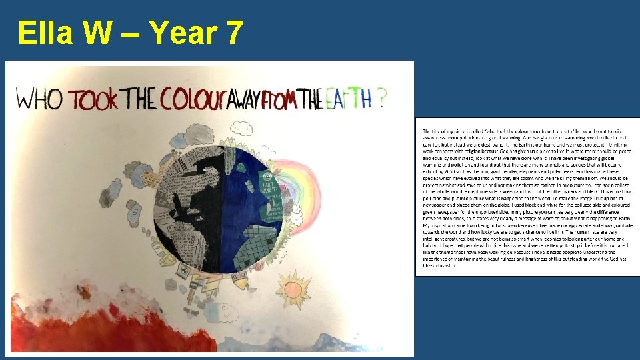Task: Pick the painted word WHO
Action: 40,99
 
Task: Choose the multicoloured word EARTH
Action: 347,99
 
